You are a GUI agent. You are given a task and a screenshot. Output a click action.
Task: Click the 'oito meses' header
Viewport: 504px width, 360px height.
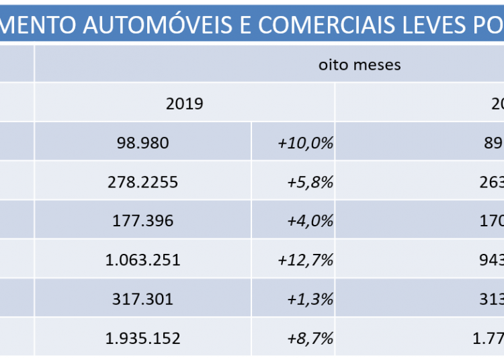pos(360,65)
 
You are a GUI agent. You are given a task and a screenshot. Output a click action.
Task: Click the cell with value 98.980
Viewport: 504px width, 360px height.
pos(142,143)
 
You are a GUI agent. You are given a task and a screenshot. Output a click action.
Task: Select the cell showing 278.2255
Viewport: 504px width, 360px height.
pos(142,182)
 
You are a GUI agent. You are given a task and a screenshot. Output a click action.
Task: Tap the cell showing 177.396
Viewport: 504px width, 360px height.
pos(142,221)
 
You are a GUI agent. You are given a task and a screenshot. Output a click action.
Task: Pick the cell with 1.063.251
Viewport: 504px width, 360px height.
pos(143,260)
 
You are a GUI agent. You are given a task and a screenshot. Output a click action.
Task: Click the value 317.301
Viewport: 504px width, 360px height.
pos(142,299)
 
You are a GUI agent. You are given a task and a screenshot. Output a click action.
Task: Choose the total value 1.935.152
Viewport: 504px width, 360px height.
pos(143,338)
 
